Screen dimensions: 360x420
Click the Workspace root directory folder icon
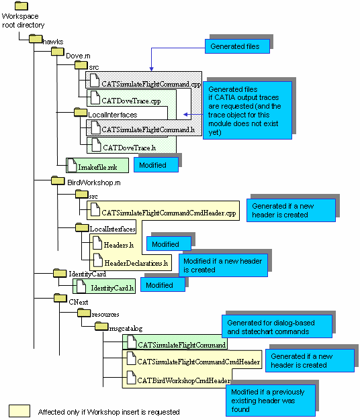(x=21, y=6)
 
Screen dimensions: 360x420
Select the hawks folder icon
(x=36, y=38)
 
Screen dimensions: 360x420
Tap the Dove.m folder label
(x=78, y=56)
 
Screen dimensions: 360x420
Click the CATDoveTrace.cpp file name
(x=131, y=101)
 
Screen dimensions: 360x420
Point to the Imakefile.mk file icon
(x=72, y=165)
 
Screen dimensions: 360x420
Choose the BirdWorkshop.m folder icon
(x=58, y=180)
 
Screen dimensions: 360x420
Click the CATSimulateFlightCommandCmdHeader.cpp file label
(x=169, y=213)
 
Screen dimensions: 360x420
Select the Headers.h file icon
(x=97, y=243)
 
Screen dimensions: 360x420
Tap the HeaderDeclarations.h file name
(x=136, y=263)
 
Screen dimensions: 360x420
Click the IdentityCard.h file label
(x=112, y=288)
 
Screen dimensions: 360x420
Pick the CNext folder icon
(x=60, y=298)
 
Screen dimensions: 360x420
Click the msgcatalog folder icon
(x=101, y=326)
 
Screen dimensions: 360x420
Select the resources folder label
(x=105, y=314)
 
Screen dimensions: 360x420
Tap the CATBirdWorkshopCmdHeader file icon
(x=131, y=377)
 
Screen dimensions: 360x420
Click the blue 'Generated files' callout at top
(x=237, y=46)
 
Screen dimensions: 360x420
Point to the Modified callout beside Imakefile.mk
(x=156, y=164)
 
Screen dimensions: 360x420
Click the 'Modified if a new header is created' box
(x=223, y=265)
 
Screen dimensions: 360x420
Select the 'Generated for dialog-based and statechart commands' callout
(x=277, y=327)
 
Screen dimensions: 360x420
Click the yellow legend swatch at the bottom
(x=19, y=411)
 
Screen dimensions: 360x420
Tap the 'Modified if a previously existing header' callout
(x=271, y=401)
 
